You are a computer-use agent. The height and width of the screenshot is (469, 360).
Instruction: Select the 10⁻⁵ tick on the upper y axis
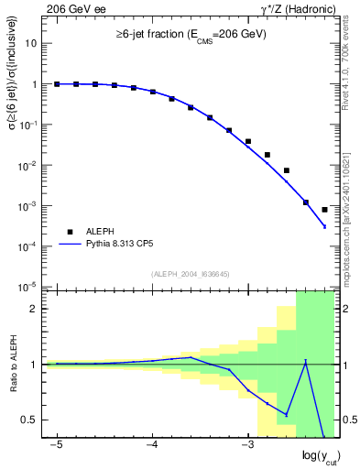pyautogui.click(x=30, y=287)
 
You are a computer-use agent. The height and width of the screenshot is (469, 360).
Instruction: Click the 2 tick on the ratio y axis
pyautogui.click(x=36, y=309)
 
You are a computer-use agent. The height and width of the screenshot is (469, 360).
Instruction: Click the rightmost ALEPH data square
pyautogui.click(x=324, y=210)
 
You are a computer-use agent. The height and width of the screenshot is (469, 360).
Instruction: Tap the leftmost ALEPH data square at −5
pyautogui.click(x=57, y=84)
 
